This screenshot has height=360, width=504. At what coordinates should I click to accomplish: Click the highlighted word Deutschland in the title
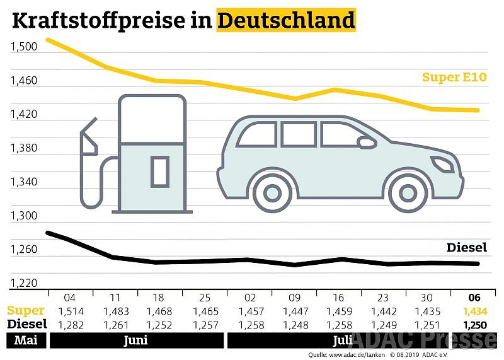point(286,20)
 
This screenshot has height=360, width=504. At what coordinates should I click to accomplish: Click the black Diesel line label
point(467,248)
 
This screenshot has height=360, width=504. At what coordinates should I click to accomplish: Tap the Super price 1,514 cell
point(71,311)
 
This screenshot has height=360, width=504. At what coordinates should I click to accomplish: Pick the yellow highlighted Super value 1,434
point(474,311)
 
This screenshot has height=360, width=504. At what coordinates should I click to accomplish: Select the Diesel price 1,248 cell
point(294,324)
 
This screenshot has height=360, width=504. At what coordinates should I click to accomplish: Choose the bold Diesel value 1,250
point(474,324)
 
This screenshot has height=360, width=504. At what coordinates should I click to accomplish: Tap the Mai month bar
point(24,340)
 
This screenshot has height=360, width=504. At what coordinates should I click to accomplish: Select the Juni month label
point(136,340)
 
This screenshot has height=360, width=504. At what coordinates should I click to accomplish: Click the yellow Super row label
point(26,311)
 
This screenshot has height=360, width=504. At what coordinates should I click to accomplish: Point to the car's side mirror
point(366,142)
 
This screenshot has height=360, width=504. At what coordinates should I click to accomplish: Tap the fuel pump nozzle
point(88,136)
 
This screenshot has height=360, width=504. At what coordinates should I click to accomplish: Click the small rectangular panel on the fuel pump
point(159,171)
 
